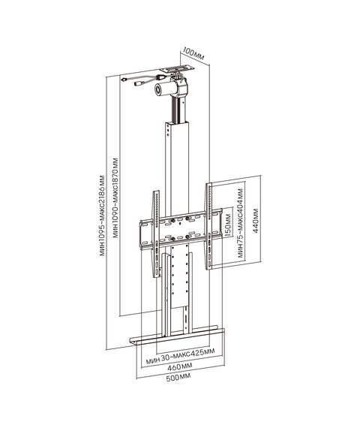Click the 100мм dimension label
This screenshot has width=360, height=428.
pyautogui.click(x=193, y=54)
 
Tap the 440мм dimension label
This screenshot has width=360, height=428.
pyautogui.click(x=255, y=221)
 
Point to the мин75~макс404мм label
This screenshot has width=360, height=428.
pyautogui.click(x=240, y=222)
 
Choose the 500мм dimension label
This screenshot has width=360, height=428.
pyautogui.click(x=178, y=377)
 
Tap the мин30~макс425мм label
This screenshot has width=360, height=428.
pyautogui.click(x=180, y=355)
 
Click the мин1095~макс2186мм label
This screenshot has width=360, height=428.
pyautogui.click(x=102, y=215)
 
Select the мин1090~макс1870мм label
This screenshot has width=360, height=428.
pyautogui.click(x=116, y=197)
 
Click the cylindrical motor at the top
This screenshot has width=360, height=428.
pyautogui.click(x=163, y=89)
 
